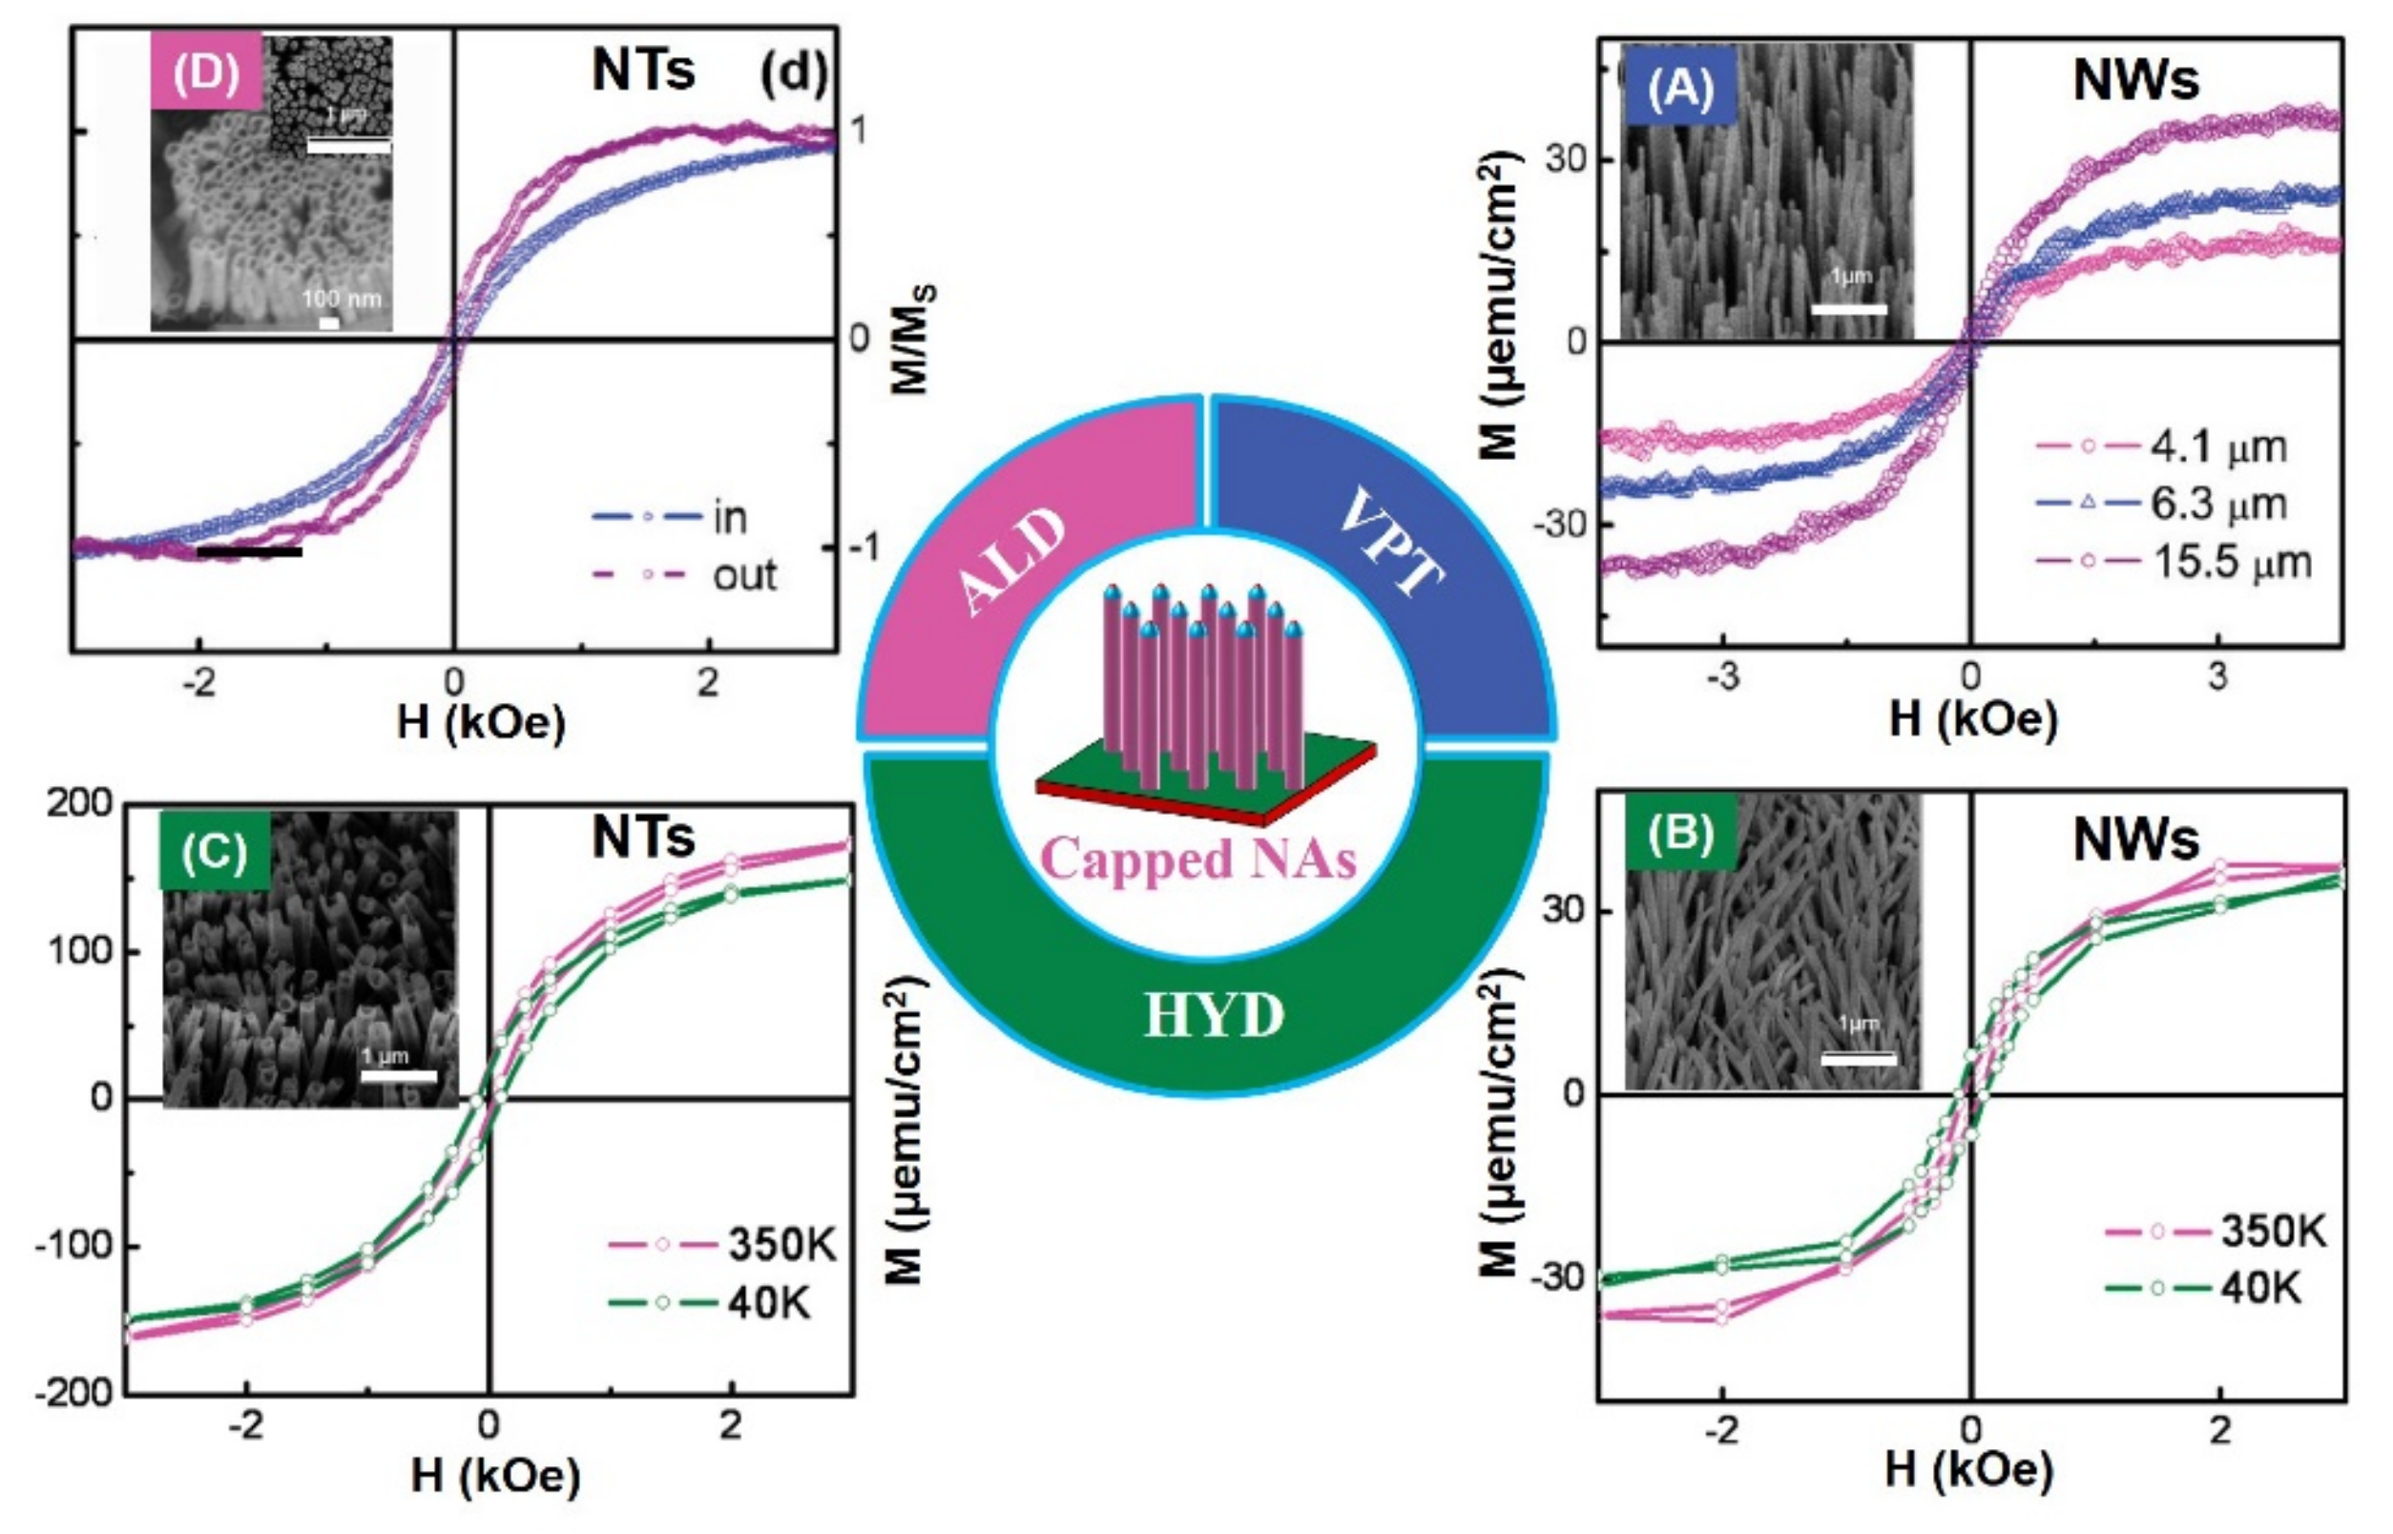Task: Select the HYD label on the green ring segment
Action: point(1214,1015)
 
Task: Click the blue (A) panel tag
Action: point(1680,88)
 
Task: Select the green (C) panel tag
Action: point(214,852)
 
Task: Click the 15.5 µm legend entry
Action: point(2232,563)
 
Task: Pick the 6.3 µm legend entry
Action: point(2217,504)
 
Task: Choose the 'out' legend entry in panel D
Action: point(743,576)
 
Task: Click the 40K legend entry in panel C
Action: point(767,1303)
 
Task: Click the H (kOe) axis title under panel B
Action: point(1968,1470)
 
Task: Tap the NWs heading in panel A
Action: point(2136,80)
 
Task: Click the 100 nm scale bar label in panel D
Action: point(341,298)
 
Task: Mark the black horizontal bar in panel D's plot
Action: point(249,550)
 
